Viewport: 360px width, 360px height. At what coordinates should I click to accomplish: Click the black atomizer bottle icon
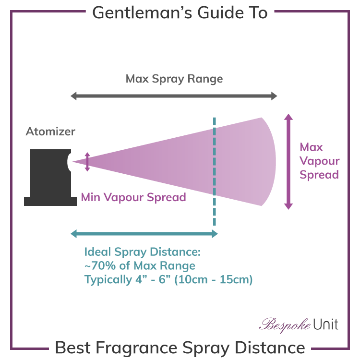coord(48,178)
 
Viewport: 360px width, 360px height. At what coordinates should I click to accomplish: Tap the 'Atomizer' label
coord(50,132)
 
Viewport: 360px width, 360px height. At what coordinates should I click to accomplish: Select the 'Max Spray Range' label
coord(174,79)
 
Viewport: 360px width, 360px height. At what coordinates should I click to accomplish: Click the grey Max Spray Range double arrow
coord(174,96)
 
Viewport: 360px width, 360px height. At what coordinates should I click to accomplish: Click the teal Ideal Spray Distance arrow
coord(144,234)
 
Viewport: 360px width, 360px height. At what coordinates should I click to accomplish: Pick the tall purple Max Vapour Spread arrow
coord(288,161)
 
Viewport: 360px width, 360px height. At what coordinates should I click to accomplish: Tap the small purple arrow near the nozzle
coord(87,162)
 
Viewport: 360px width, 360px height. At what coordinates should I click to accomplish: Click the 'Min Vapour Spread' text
coord(133,197)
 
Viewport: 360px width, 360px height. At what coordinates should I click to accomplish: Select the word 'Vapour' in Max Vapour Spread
coord(319,161)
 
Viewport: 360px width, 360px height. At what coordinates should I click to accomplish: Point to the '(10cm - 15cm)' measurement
coord(214,279)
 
